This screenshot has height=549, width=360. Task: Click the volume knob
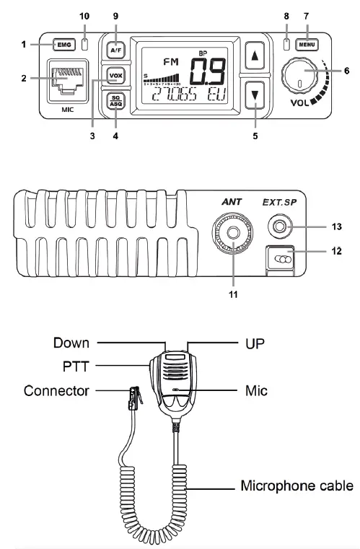(299, 77)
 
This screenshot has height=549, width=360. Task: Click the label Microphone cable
(298, 486)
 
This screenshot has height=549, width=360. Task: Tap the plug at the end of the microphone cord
(133, 396)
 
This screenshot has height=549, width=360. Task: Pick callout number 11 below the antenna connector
(234, 294)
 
